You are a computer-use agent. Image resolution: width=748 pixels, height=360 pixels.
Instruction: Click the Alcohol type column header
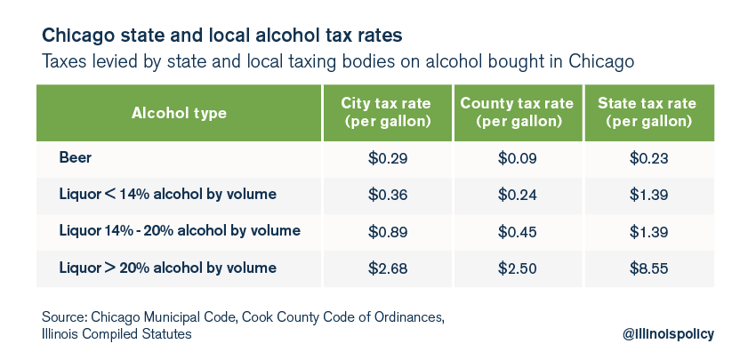179,114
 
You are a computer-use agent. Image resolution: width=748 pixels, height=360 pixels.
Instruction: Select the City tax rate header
388,113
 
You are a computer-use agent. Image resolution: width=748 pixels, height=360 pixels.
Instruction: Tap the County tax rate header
518,113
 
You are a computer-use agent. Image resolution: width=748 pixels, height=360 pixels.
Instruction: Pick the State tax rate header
648,113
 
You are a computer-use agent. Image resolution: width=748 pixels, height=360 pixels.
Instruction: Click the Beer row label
75,157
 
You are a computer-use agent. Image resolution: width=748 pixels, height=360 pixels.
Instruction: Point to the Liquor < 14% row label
167,194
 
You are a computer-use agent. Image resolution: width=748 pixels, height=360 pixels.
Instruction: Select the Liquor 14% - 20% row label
180,231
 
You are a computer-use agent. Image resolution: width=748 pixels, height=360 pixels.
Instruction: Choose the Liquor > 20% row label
167,268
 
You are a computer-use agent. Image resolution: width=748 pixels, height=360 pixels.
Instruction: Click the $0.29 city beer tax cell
388,158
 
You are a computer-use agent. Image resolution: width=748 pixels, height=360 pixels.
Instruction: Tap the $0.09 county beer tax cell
518,158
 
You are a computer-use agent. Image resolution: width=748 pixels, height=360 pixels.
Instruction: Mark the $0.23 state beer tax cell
648,158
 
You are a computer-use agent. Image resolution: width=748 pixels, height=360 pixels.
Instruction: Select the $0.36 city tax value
388,195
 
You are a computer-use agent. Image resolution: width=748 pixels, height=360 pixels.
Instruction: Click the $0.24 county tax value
518,195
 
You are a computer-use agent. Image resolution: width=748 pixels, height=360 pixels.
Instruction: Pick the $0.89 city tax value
388,232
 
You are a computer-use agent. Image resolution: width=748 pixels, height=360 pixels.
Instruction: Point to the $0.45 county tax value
518,232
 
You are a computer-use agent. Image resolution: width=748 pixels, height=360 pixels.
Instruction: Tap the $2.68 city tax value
388,268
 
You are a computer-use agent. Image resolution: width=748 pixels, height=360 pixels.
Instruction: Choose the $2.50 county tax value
518,268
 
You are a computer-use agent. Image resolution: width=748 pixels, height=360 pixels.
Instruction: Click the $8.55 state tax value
648,268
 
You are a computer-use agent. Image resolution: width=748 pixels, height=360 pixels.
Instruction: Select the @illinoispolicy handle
668,334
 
